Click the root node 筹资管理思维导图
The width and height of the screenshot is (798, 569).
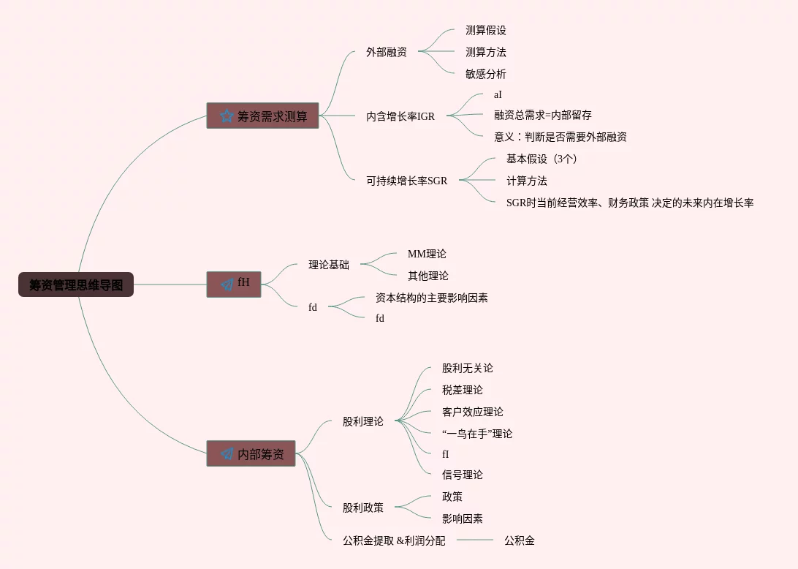pyautogui.click(x=76, y=284)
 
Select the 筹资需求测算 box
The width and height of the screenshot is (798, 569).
pyautogui.click(x=262, y=116)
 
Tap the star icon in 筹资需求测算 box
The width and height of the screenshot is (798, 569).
pyautogui.click(x=226, y=116)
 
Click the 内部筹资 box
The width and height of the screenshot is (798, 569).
pyautogui.click(x=251, y=453)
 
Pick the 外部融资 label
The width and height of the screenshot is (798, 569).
pyautogui.click(x=387, y=52)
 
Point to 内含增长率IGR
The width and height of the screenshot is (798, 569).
pyautogui.click(x=400, y=116)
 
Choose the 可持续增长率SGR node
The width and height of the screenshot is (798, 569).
pyautogui.click(x=406, y=181)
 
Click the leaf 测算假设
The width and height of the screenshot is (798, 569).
pyautogui.click(x=486, y=30)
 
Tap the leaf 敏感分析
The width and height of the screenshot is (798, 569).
pyautogui.click(x=486, y=74)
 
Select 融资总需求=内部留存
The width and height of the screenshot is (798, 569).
pyautogui.click(x=543, y=115)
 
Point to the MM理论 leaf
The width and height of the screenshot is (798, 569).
pyautogui.click(x=427, y=254)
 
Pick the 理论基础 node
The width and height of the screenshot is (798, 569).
pyautogui.click(x=329, y=265)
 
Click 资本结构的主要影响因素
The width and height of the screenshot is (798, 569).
pyautogui.click(x=432, y=298)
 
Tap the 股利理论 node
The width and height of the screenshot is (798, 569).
pyautogui.click(x=363, y=421)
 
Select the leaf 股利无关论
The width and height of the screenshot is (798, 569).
pyautogui.click(x=468, y=368)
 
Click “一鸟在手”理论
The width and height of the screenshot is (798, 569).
pyautogui.click(x=477, y=434)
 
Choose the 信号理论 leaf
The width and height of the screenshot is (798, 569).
pyautogui.click(x=463, y=475)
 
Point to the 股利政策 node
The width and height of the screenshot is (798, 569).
pyautogui.click(x=363, y=508)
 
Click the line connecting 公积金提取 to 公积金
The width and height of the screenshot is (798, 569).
pyautogui.click(x=475, y=540)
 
